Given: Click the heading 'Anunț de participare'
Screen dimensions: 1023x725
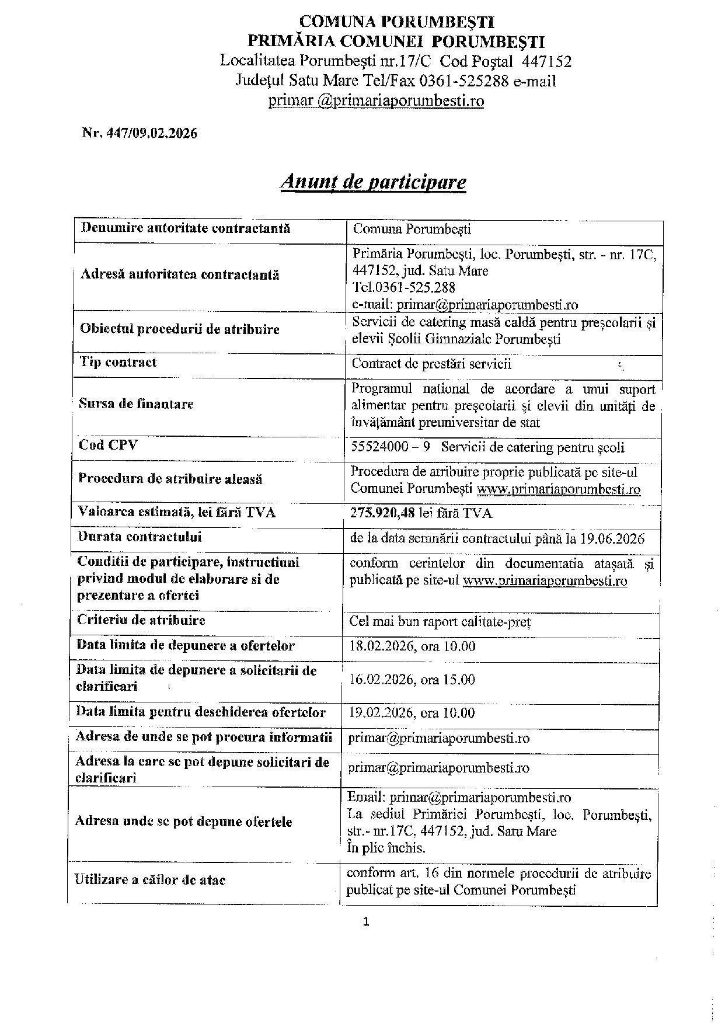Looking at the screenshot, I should click(373, 182).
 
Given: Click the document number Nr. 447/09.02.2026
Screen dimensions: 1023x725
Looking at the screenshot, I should click(140, 133).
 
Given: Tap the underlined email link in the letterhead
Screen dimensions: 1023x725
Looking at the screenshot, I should click(376, 100).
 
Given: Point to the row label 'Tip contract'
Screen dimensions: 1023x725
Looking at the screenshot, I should click(118, 362).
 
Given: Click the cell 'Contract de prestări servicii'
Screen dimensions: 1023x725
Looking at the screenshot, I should click(431, 364).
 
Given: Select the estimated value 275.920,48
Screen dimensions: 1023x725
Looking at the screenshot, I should click(385, 513).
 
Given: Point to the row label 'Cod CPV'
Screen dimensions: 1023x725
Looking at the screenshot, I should click(109, 445).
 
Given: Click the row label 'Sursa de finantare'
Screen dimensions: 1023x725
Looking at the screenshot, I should click(136, 403).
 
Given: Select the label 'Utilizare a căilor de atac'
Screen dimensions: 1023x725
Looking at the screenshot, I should click(150, 880).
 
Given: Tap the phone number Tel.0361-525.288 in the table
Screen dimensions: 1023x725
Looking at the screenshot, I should click(404, 287).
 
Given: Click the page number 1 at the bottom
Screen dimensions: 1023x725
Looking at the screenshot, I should click(366, 923).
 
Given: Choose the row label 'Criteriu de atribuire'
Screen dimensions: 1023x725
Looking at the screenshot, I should click(141, 620).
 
